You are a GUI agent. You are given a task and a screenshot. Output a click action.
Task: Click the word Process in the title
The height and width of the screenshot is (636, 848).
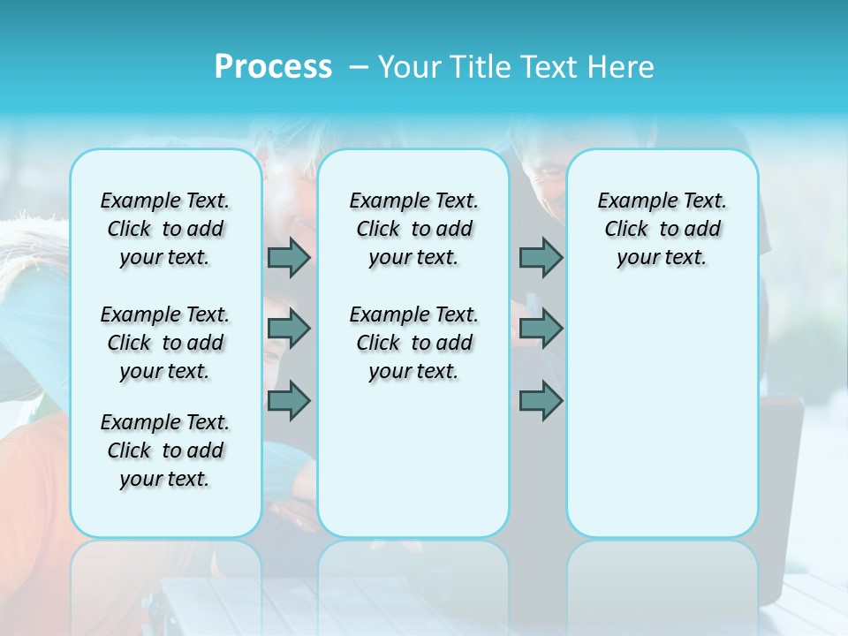click(x=273, y=67)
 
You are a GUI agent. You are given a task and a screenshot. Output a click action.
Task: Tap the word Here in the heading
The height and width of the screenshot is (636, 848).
click(x=622, y=67)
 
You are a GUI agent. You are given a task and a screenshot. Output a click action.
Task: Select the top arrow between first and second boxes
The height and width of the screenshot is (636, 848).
click(x=289, y=257)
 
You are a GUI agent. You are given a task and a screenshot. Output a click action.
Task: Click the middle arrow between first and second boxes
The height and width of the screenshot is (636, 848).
click(x=289, y=329)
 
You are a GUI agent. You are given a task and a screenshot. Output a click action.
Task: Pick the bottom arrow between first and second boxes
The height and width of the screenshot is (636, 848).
click(x=289, y=401)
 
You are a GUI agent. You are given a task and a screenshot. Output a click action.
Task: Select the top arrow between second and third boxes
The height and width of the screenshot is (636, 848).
click(x=541, y=257)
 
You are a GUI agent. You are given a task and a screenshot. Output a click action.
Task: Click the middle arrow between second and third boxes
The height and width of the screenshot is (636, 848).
click(x=541, y=329)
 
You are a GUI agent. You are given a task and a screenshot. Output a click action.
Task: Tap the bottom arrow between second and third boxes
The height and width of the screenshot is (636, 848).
click(x=541, y=401)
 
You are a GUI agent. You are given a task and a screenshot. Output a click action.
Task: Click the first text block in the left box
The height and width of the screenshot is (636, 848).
click(x=165, y=229)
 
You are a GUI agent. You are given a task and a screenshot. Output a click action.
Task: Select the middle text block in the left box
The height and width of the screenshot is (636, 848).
click(x=165, y=343)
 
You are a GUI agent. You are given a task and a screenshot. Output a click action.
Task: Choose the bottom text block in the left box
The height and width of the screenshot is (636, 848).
click(x=165, y=450)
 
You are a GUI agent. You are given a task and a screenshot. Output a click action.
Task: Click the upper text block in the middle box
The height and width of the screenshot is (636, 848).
click(x=413, y=229)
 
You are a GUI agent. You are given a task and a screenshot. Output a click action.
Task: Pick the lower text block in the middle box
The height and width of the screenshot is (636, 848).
click(x=413, y=343)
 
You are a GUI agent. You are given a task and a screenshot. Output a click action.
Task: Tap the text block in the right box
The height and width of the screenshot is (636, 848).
click(x=662, y=229)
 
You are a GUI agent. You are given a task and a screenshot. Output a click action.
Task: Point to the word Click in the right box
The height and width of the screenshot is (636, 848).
click(x=626, y=229)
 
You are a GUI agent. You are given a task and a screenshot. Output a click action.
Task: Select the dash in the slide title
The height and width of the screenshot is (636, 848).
click(x=355, y=67)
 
